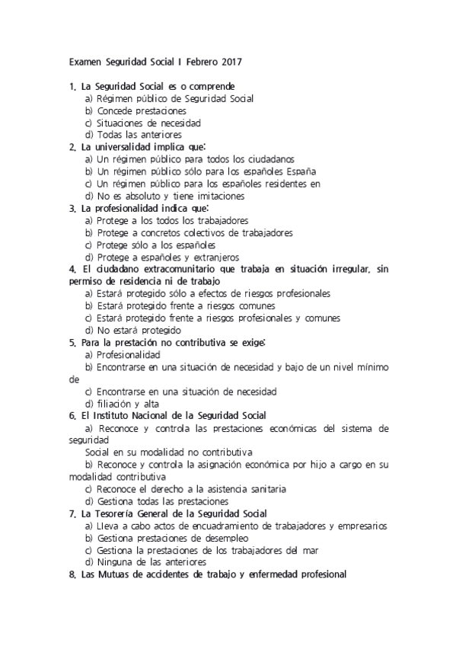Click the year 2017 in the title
233,59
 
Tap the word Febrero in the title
202,59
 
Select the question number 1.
72,86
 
